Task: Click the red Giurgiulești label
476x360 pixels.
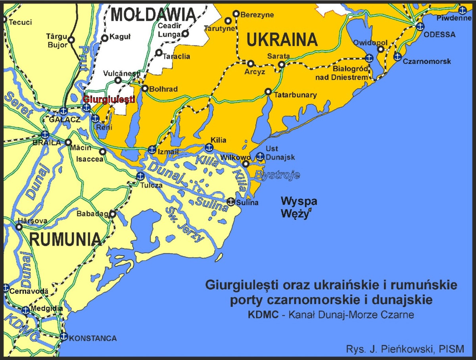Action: tap(109, 99)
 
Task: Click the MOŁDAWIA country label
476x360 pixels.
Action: tap(154, 15)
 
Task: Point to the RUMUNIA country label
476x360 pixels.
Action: tap(65, 239)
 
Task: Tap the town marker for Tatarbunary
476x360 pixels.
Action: tap(268, 92)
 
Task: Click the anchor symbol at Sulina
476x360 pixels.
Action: tap(230, 201)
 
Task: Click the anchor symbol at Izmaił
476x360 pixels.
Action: tap(152, 150)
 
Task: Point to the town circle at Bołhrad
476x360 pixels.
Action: tap(145, 88)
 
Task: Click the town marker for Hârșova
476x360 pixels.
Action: tap(19, 227)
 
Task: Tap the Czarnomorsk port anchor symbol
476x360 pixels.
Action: tap(397, 56)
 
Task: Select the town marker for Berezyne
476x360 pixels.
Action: tap(236, 14)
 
